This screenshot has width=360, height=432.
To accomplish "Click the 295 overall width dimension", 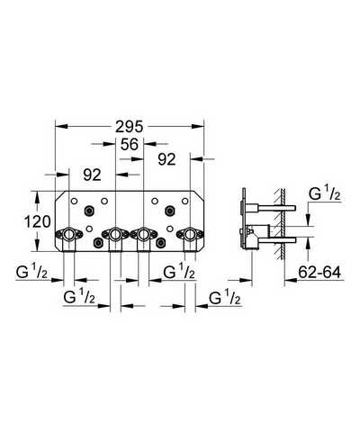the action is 130,127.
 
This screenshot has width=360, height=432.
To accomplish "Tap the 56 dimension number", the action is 130,144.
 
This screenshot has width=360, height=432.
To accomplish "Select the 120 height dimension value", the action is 37,222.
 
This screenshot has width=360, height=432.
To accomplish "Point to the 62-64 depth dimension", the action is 319,273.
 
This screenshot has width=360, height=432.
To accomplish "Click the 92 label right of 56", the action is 166,159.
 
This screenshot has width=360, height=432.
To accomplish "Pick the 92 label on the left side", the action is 92,175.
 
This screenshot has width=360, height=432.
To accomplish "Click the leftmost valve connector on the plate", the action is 68,234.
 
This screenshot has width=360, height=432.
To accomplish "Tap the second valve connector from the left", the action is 115,234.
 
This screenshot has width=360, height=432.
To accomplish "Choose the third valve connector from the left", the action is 143,234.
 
